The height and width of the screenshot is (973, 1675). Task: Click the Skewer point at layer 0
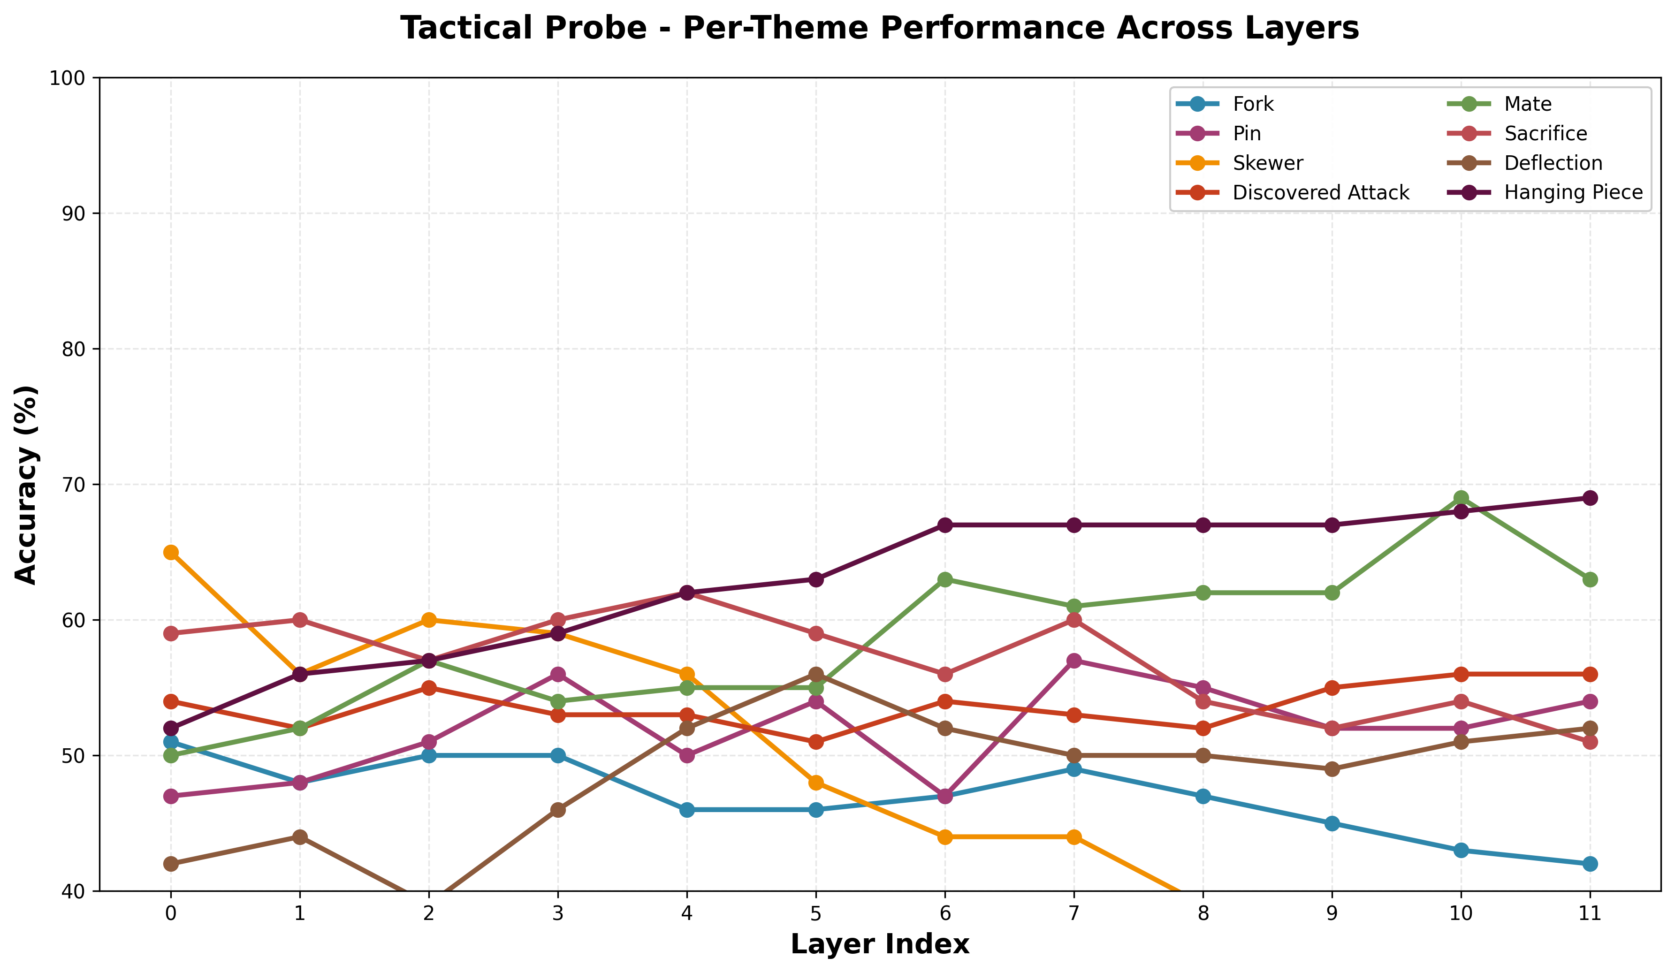tap(171, 552)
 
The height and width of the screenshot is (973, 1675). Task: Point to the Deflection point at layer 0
tap(171, 864)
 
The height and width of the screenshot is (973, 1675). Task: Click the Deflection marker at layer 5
tap(816, 674)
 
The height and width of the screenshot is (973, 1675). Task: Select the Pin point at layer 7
tap(1074, 661)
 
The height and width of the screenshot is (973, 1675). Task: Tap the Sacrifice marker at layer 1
tap(300, 620)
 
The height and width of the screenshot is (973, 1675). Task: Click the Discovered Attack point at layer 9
tap(1332, 688)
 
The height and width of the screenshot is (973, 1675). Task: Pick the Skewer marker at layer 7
tap(1074, 837)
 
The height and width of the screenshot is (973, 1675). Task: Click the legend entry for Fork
tap(1253, 104)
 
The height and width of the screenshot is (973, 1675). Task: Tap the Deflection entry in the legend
tap(1553, 163)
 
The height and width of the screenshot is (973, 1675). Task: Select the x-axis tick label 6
tap(945, 914)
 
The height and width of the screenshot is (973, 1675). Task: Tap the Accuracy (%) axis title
tap(27, 485)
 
